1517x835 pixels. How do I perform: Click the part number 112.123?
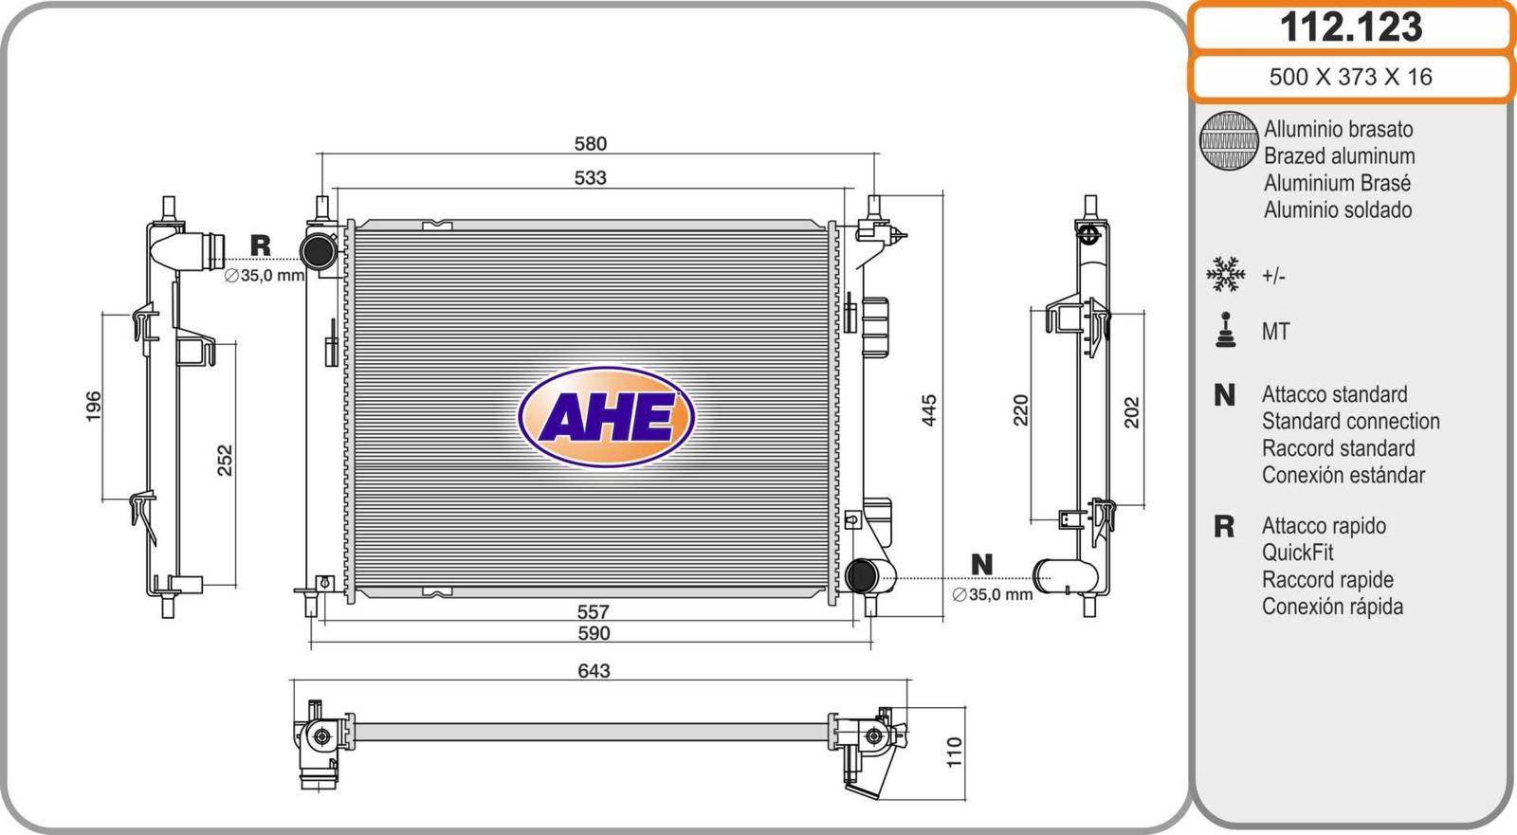pos(1351,27)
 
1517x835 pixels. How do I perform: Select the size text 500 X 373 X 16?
pos(1350,77)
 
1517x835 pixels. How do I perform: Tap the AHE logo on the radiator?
pos(606,416)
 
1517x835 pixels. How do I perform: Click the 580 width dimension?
pos(591,143)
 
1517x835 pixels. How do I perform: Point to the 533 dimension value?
pos(590,177)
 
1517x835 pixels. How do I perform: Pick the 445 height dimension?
pos(928,410)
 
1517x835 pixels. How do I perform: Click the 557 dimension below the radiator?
pos(594,612)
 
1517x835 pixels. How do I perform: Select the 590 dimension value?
pos(594,633)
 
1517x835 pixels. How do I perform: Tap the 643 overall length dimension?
pos(594,670)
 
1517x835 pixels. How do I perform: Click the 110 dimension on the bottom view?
pos(954,752)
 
